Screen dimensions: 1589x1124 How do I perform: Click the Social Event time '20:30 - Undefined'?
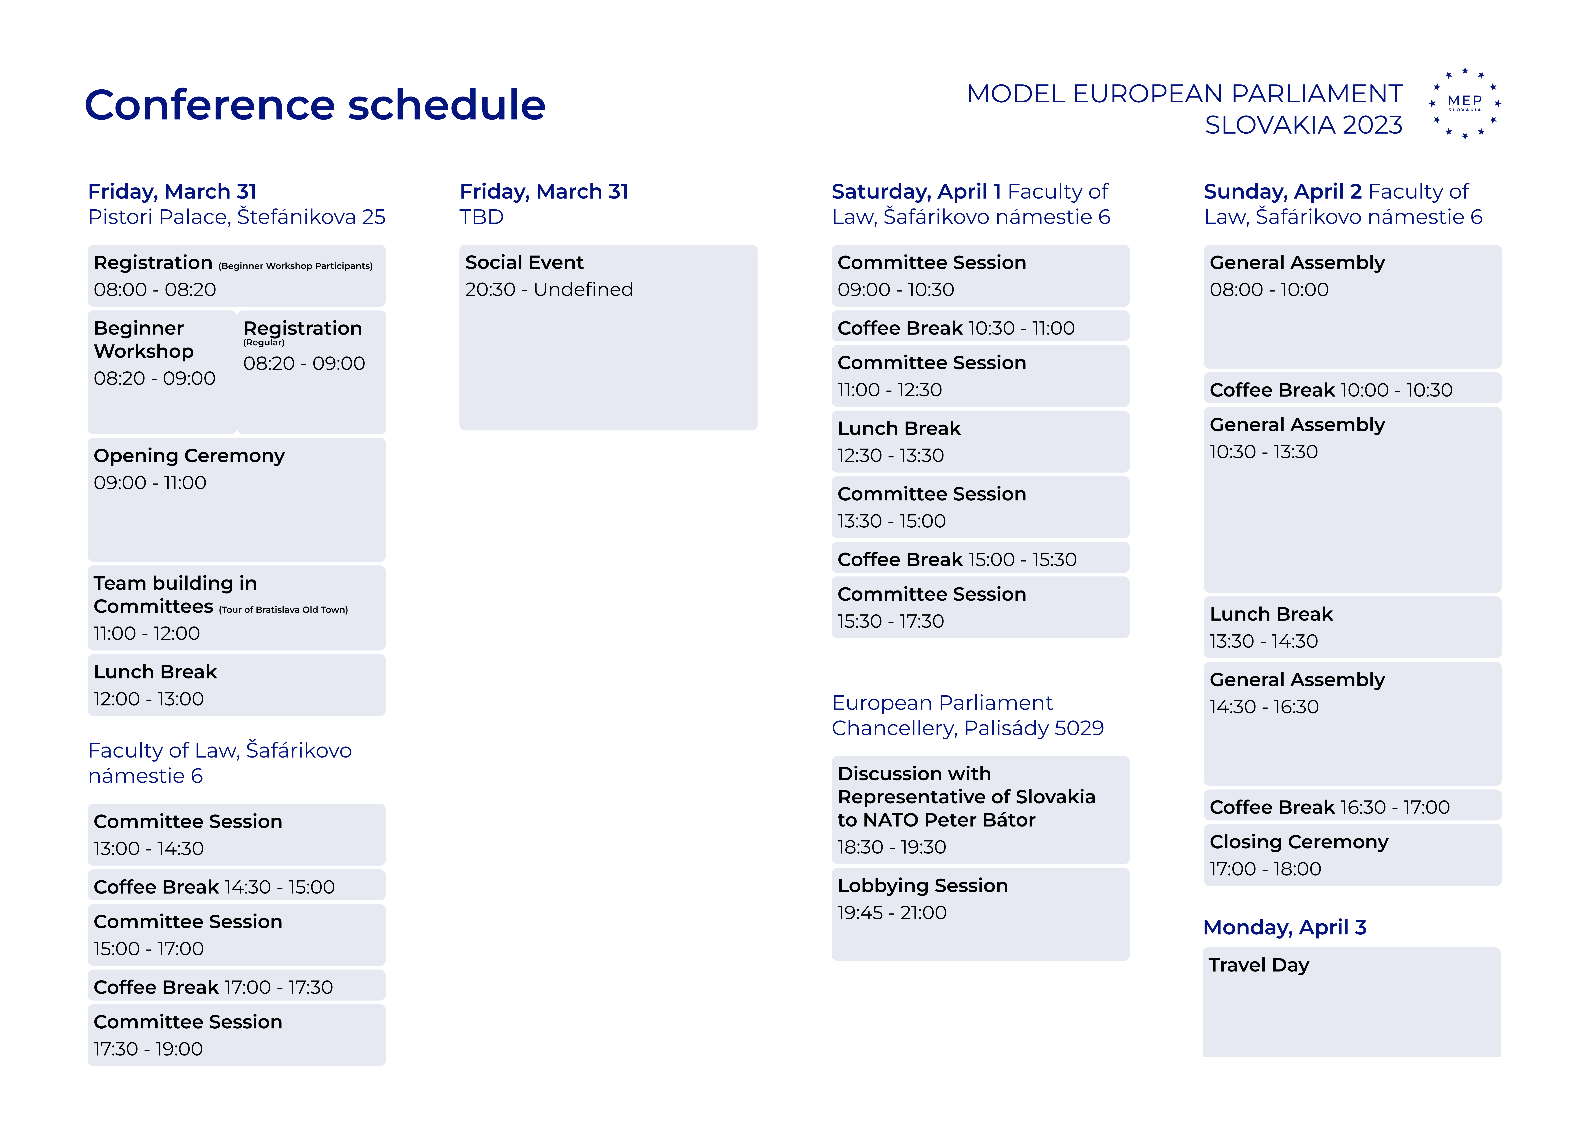tap(549, 289)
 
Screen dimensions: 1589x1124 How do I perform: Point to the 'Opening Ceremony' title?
tap(189, 456)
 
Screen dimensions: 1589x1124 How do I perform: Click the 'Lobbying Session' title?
tap(923, 886)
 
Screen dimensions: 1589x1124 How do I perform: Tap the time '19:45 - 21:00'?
tap(891, 913)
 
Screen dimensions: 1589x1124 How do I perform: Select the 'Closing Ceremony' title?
tap(1299, 842)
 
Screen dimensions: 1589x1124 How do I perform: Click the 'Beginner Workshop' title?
tap(144, 339)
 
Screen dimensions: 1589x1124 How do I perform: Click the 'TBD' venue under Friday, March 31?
tap(482, 217)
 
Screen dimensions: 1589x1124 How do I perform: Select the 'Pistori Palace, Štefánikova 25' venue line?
tap(237, 217)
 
